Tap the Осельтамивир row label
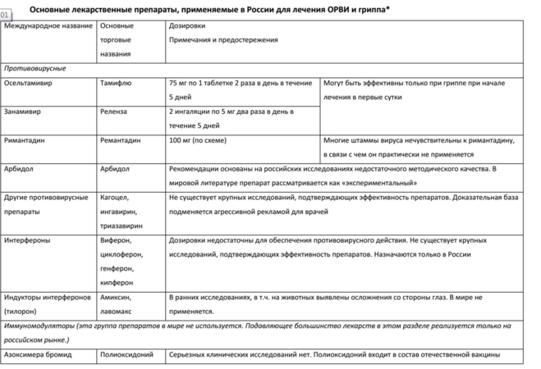click(x=29, y=83)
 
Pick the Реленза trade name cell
click(x=113, y=111)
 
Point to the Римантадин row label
click(x=26, y=139)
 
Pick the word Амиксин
click(x=116, y=297)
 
